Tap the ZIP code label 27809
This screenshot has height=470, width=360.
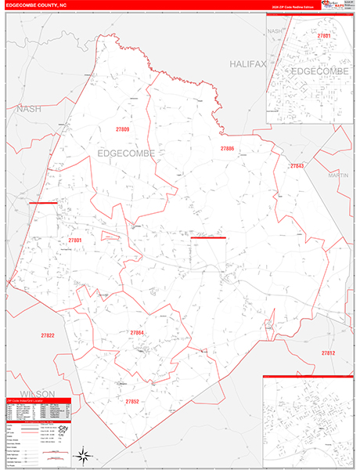click(121, 128)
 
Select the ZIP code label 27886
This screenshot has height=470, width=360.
click(227, 148)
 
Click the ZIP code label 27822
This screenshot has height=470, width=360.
click(48, 335)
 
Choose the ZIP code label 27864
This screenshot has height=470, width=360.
click(137, 333)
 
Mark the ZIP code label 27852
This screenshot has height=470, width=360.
click(132, 401)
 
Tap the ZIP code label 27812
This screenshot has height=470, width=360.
click(327, 353)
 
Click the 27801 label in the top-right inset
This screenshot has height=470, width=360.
click(324, 36)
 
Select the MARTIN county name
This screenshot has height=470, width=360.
click(338, 175)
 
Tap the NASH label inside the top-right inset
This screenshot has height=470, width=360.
click(275, 31)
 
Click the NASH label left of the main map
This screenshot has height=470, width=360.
click(29, 109)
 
